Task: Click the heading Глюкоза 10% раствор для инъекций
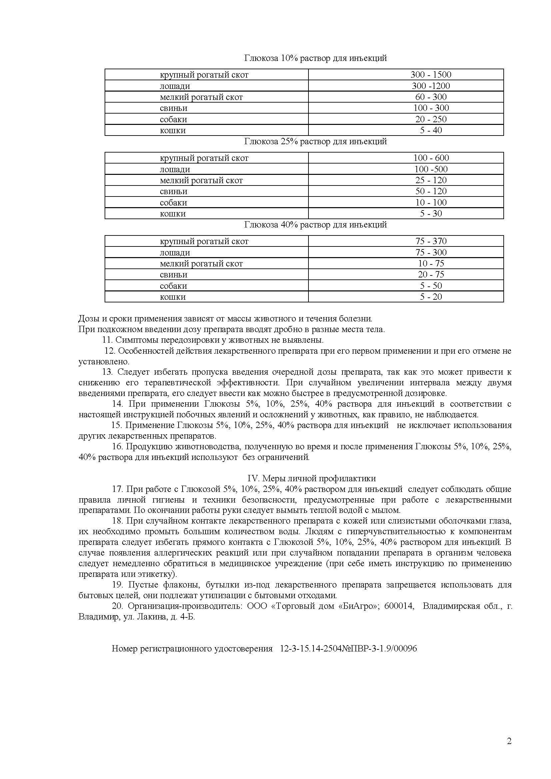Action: pos(315,58)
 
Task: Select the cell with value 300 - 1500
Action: pos(430,75)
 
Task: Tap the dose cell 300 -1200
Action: pos(430,86)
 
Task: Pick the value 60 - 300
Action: pos(430,97)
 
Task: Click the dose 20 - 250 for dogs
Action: pos(430,119)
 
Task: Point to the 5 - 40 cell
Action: pos(430,130)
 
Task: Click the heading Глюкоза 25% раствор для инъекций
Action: pos(315,142)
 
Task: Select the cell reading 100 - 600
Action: pos(430,158)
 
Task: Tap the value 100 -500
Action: pos(430,169)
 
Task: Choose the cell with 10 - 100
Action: pos(430,202)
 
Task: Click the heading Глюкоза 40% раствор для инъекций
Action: pos(315,224)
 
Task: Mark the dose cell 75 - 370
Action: pos(430,241)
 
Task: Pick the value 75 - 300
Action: pos(430,252)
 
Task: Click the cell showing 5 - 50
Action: pos(430,286)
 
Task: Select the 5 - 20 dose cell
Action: pos(430,297)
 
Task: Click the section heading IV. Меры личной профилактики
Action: pos(311,478)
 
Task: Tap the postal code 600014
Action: pos(399,606)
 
